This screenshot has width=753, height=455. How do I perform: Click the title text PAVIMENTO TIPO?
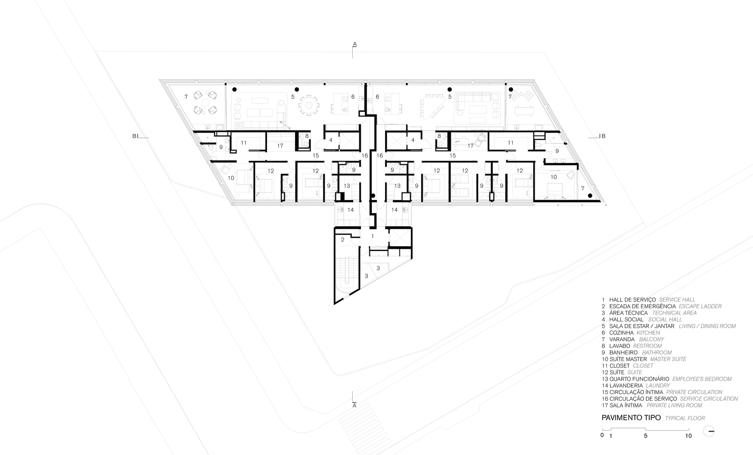coord(631,418)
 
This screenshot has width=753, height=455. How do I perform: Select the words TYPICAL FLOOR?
coord(685,418)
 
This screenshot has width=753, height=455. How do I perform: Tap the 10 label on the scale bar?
coord(688,436)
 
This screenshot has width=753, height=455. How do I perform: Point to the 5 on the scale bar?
coord(645,436)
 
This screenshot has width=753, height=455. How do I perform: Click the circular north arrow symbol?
coord(709,431)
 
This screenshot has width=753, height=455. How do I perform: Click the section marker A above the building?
coord(354,44)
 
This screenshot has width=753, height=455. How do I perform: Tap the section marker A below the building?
coord(354,405)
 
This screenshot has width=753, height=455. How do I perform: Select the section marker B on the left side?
coord(135,136)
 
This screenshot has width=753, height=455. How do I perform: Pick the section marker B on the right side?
coord(603,136)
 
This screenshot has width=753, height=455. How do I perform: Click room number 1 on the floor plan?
coord(373,236)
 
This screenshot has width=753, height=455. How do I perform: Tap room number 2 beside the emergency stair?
coord(343,240)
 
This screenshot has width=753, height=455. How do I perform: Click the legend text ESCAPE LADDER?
coord(700,306)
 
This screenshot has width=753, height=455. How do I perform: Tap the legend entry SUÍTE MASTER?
coord(628,359)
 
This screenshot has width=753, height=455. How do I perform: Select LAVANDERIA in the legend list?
coord(626,385)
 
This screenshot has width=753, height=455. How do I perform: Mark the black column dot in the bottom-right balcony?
coord(590,195)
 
